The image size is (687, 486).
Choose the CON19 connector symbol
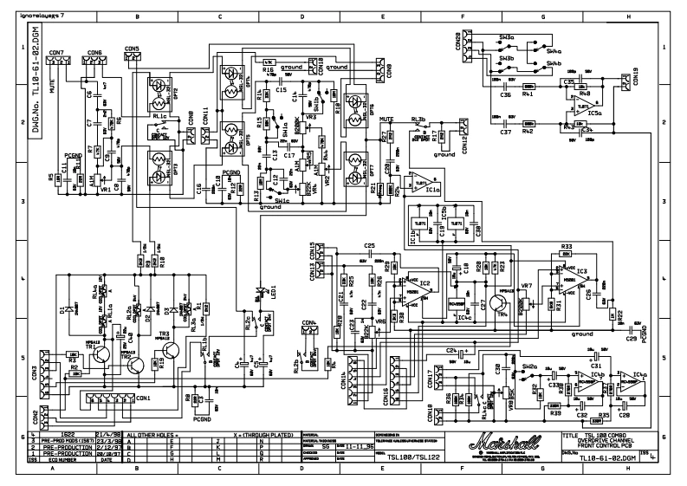pyautogui.click(x=625, y=81)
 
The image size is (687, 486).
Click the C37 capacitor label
pyautogui.click(x=505, y=133)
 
